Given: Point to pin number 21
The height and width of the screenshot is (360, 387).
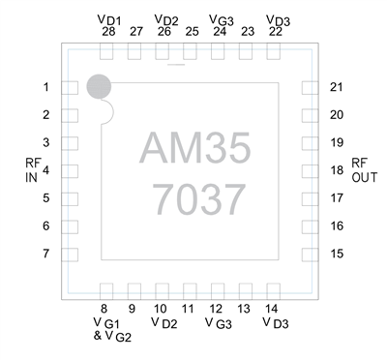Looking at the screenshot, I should [337, 88].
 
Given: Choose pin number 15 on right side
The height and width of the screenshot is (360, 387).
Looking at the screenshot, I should [337, 254].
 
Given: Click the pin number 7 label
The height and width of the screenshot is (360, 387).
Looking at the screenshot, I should [45, 254].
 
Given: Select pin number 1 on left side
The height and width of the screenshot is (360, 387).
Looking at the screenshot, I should [45, 88].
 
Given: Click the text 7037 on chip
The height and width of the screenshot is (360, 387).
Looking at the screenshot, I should [196, 198].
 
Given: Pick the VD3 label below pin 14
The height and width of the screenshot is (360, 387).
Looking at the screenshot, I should [275, 322].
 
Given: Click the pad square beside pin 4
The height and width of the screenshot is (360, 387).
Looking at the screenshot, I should [70, 171].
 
